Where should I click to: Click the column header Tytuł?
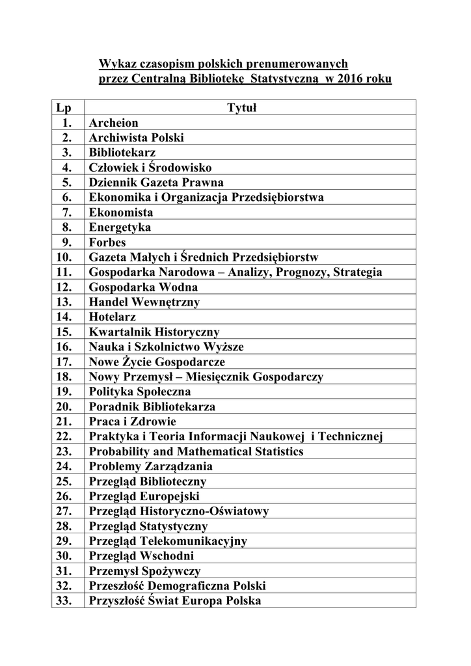[242, 107]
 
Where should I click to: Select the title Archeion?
[114, 123]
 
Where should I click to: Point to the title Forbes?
[107, 243]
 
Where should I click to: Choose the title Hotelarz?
[113, 317]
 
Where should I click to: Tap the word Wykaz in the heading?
[114, 64]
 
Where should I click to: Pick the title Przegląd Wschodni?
[142, 556]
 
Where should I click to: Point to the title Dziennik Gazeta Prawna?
[156, 183]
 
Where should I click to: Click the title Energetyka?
[120, 228]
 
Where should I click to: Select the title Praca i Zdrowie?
[129, 421]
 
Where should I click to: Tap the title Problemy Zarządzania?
[150, 466]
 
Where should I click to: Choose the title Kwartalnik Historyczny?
[154, 332]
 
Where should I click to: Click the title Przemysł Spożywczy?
[144, 571]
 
